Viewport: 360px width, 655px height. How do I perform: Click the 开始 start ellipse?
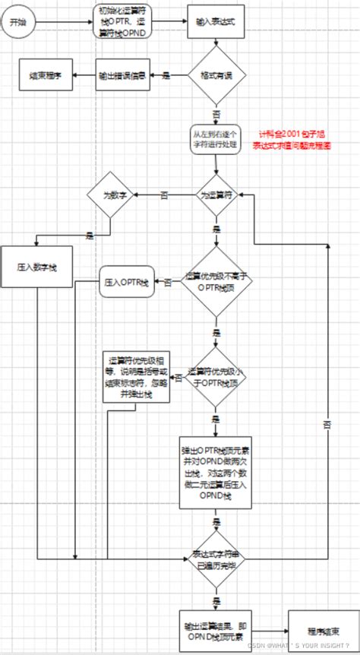(x=17, y=23)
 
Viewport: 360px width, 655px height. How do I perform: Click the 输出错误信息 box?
(x=122, y=75)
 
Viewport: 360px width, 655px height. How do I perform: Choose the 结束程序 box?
(x=45, y=75)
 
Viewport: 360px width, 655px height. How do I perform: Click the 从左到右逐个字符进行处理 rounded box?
(x=216, y=139)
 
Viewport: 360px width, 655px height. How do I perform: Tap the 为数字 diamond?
(x=109, y=195)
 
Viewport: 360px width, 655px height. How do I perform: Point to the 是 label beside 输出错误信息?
(x=166, y=75)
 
